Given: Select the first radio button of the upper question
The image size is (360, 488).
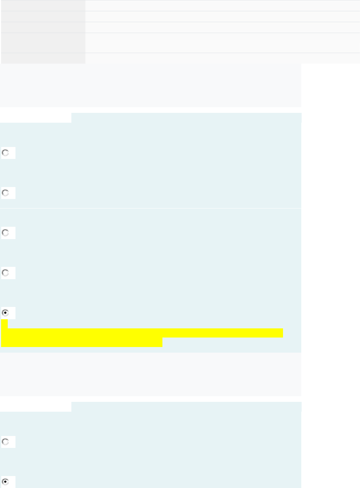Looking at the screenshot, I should point(5,153).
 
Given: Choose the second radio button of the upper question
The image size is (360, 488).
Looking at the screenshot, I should point(5,193).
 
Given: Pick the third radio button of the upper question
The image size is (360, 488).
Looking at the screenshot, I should point(5,233).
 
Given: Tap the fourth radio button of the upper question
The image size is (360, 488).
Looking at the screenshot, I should point(5,273).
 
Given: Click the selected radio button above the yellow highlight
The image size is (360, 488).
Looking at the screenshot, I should point(5,313).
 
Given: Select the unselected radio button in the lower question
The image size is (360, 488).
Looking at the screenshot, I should point(5,442).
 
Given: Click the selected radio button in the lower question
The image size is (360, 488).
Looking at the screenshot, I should point(5,482).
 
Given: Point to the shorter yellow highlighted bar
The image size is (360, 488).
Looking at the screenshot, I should point(82,342).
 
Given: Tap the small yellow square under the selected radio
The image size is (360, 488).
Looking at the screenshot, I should point(4,323).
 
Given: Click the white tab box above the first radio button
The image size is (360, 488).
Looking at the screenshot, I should point(36,118).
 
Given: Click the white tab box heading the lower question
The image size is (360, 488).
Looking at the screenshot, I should point(36,407).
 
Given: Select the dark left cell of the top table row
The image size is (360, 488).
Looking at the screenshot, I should point(43,6).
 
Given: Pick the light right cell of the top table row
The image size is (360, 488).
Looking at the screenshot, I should point(222,6).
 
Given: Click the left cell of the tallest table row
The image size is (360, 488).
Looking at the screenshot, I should point(43,43).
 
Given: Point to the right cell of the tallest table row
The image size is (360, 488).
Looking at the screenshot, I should point(222,43).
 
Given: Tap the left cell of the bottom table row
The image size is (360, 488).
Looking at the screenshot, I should point(43,58).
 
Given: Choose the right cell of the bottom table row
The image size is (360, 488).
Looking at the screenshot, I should point(222,58).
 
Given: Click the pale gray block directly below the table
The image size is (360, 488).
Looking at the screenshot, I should point(150,85).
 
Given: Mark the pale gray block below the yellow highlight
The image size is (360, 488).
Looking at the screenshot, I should point(150,374).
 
